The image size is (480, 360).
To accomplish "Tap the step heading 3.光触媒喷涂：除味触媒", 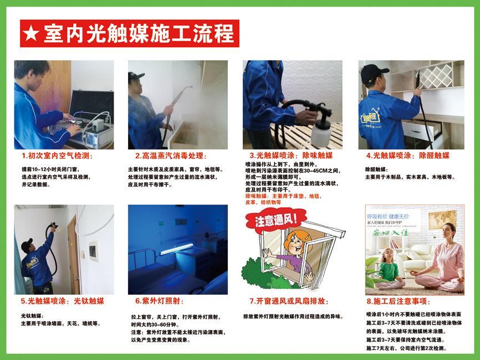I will tap(291, 156).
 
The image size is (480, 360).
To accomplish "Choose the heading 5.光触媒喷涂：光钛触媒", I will tap(63, 301).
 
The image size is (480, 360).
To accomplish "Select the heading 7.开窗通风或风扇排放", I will tap(289, 301).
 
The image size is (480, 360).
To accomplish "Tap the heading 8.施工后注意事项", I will tap(398, 302).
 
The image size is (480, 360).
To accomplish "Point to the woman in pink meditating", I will tap(446, 260).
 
